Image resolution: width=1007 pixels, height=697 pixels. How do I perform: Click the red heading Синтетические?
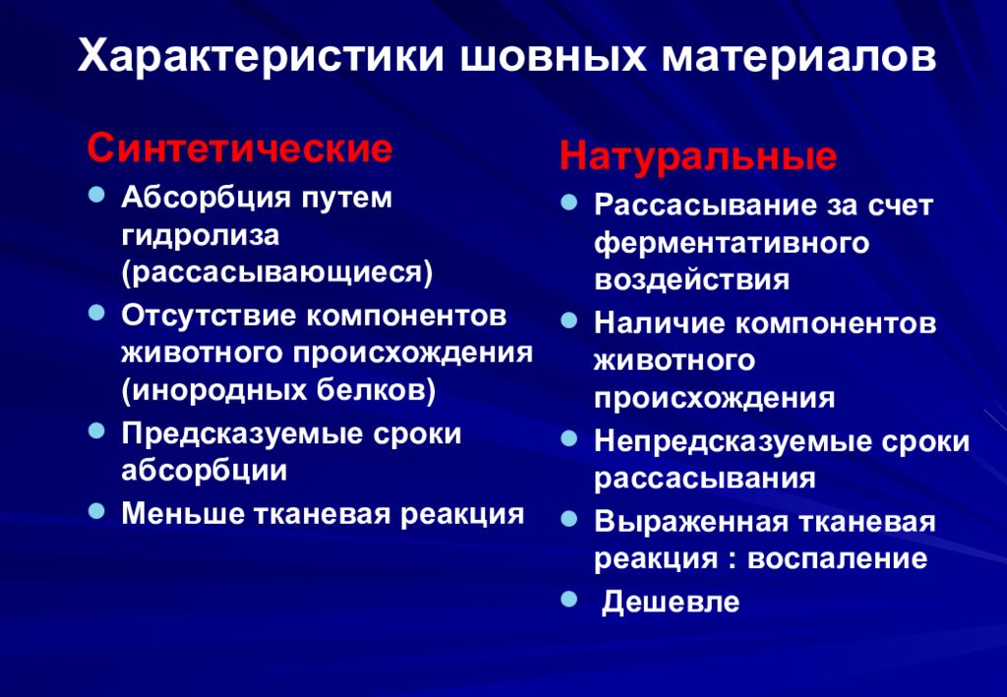point(240,149)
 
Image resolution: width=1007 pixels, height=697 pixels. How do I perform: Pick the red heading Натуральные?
point(698,157)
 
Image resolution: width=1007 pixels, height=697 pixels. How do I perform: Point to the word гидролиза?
point(201,235)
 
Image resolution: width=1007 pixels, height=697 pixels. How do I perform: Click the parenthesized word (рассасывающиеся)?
point(277,272)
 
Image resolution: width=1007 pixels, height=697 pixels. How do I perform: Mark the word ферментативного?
point(732,242)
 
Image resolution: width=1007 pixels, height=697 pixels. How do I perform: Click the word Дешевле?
point(670,602)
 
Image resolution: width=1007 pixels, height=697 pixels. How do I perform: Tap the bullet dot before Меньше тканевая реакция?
point(96,510)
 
